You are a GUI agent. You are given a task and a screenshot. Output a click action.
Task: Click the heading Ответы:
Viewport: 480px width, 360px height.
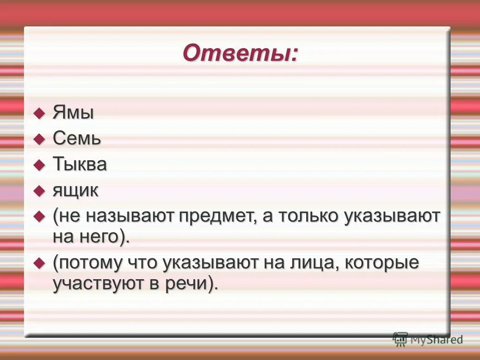click(x=241, y=54)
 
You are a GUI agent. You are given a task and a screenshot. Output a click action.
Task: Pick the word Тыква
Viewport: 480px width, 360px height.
click(x=80, y=164)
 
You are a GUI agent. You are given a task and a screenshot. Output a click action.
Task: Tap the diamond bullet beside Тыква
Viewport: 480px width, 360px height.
click(x=40, y=164)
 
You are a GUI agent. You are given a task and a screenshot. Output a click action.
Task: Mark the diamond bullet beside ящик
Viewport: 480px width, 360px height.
click(x=40, y=190)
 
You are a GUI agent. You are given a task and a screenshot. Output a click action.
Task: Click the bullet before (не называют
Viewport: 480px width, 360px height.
click(x=40, y=216)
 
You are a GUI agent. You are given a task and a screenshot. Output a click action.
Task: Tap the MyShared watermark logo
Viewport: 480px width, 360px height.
click(x=428, y=339)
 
